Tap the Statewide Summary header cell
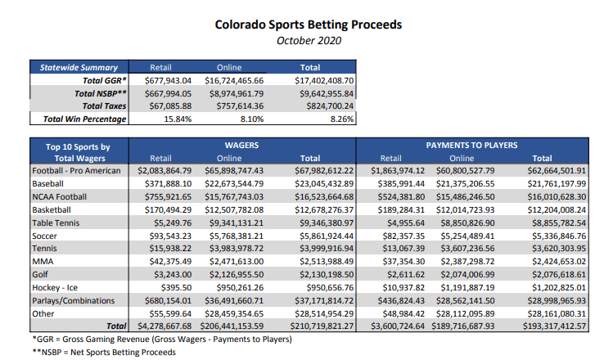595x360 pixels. click(x=79, y=68)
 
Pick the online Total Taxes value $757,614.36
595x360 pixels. click(x=241, y=106)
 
